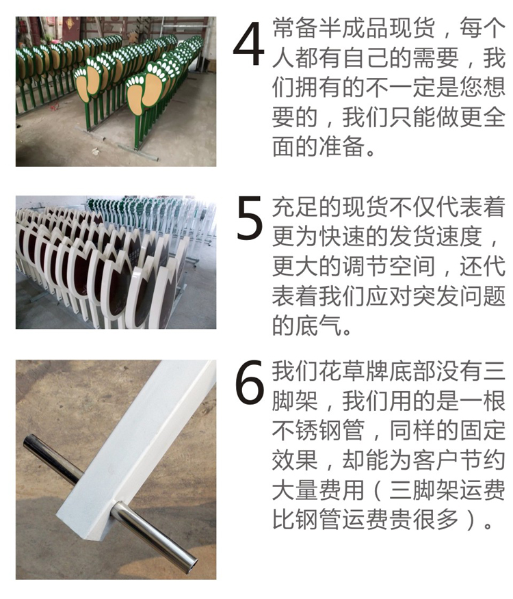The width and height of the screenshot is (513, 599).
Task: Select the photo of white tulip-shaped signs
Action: coord(116,263)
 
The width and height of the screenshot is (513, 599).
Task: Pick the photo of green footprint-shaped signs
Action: coord(116,92)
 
